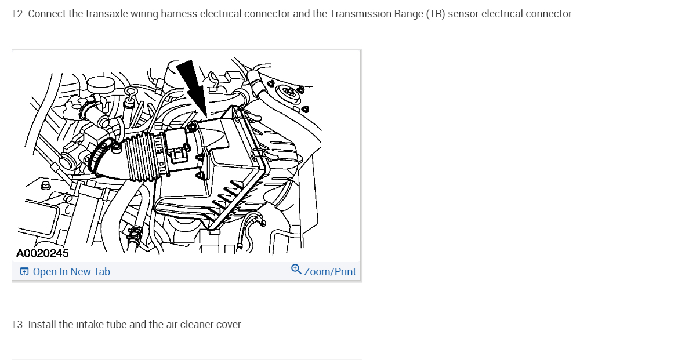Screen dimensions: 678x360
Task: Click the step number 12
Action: (17, 14)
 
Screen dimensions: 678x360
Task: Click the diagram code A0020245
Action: (42, 253)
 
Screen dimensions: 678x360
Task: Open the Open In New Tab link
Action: (71, 272)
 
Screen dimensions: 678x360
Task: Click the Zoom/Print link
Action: (330, 272)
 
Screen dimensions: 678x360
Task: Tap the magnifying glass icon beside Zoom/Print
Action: (296, 270)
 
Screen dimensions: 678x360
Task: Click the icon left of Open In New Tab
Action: (24, 272)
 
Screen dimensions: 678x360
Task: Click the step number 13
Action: (17, 325)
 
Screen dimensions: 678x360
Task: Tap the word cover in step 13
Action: (229, 325)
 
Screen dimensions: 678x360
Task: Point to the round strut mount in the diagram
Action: (288, 94)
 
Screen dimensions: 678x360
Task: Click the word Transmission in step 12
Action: (357, 14)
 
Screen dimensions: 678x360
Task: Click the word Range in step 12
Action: (407, 14)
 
